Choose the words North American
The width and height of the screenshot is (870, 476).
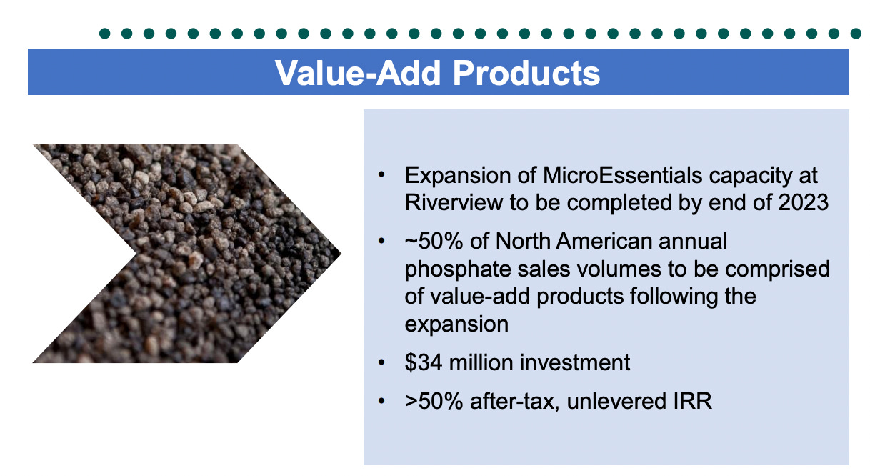tap(572, 241)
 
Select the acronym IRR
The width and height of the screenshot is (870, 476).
tap(692, 401)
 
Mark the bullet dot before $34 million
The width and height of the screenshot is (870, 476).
tap(383, 362)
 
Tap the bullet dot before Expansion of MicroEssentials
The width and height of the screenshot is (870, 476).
tap(383, 175)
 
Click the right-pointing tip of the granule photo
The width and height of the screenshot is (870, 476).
tap(339, 253)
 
